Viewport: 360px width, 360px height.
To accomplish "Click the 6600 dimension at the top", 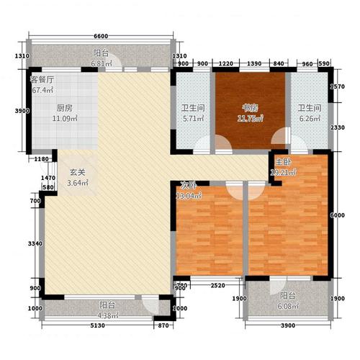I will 101,36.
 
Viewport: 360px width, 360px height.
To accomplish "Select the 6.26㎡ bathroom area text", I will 307,121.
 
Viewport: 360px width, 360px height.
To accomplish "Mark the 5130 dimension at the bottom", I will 98,326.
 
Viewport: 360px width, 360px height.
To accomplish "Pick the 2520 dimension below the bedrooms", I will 210,286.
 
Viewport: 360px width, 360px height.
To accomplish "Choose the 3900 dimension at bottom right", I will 287,326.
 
